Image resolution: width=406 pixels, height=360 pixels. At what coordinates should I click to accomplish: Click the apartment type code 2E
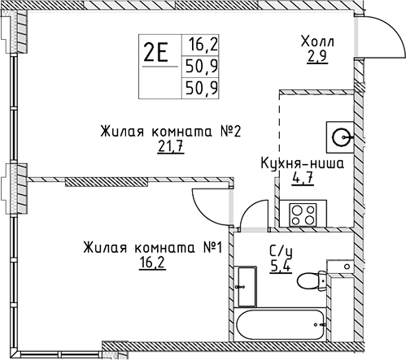coord(156,53)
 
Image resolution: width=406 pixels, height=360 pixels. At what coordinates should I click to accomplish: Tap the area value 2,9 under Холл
coord(317,56)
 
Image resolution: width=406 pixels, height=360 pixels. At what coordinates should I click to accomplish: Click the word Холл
coord(318,41)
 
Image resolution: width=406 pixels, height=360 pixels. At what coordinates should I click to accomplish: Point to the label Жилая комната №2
coord(171,132)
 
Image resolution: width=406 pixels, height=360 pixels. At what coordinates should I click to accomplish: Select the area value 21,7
coord(171,147)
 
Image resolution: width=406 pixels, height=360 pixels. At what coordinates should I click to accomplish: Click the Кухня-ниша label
coord(303,163)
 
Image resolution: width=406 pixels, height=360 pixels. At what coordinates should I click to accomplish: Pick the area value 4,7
coord(303,179)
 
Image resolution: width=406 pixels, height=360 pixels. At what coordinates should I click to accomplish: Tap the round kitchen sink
coord(341,137)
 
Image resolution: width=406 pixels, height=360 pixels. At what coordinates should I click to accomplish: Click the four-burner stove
coord(303,215)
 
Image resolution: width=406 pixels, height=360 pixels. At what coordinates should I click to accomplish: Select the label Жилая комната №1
coord(153,248)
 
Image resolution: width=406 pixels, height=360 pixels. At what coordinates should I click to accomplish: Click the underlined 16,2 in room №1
coord(152,262)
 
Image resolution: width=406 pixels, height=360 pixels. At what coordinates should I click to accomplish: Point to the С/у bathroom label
coord(281,252)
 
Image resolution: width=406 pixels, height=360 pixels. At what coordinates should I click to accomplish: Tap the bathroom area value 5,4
coord(281,267)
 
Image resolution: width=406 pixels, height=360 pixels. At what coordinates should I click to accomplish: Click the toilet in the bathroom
coord(312,280)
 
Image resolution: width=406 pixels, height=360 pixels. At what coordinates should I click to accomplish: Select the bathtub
coord(282,324)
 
